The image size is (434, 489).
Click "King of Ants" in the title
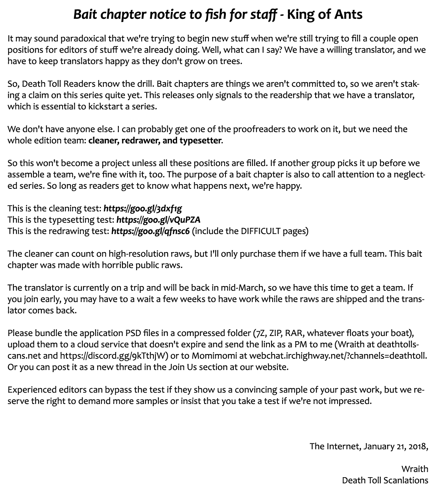click(x=325, y=15)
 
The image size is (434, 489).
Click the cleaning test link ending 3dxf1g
click(x=142, y=208)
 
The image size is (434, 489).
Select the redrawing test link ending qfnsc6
click(x=151, y=231)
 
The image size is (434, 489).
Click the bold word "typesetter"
click(x=200, y=140)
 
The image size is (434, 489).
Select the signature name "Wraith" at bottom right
click(x=415, y=469)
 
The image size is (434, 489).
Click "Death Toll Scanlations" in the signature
click(x=385, y=480)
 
